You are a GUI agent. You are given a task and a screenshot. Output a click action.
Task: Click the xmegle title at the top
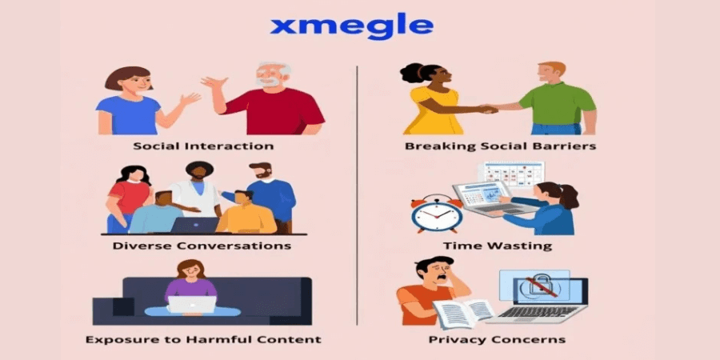[351, 27]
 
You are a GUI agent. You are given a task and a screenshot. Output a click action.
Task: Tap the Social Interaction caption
[203, 146]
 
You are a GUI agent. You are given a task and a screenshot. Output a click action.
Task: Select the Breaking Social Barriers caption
[501, 146]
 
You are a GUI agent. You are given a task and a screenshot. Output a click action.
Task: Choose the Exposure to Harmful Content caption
[203, 339]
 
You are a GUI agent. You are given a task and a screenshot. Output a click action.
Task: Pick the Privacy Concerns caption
[497, 339]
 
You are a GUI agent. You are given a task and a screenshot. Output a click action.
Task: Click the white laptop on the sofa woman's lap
[191, 305]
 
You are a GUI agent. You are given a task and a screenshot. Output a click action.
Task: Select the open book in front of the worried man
[463, 312]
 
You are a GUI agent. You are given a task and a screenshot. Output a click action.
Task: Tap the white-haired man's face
[268, 77]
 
